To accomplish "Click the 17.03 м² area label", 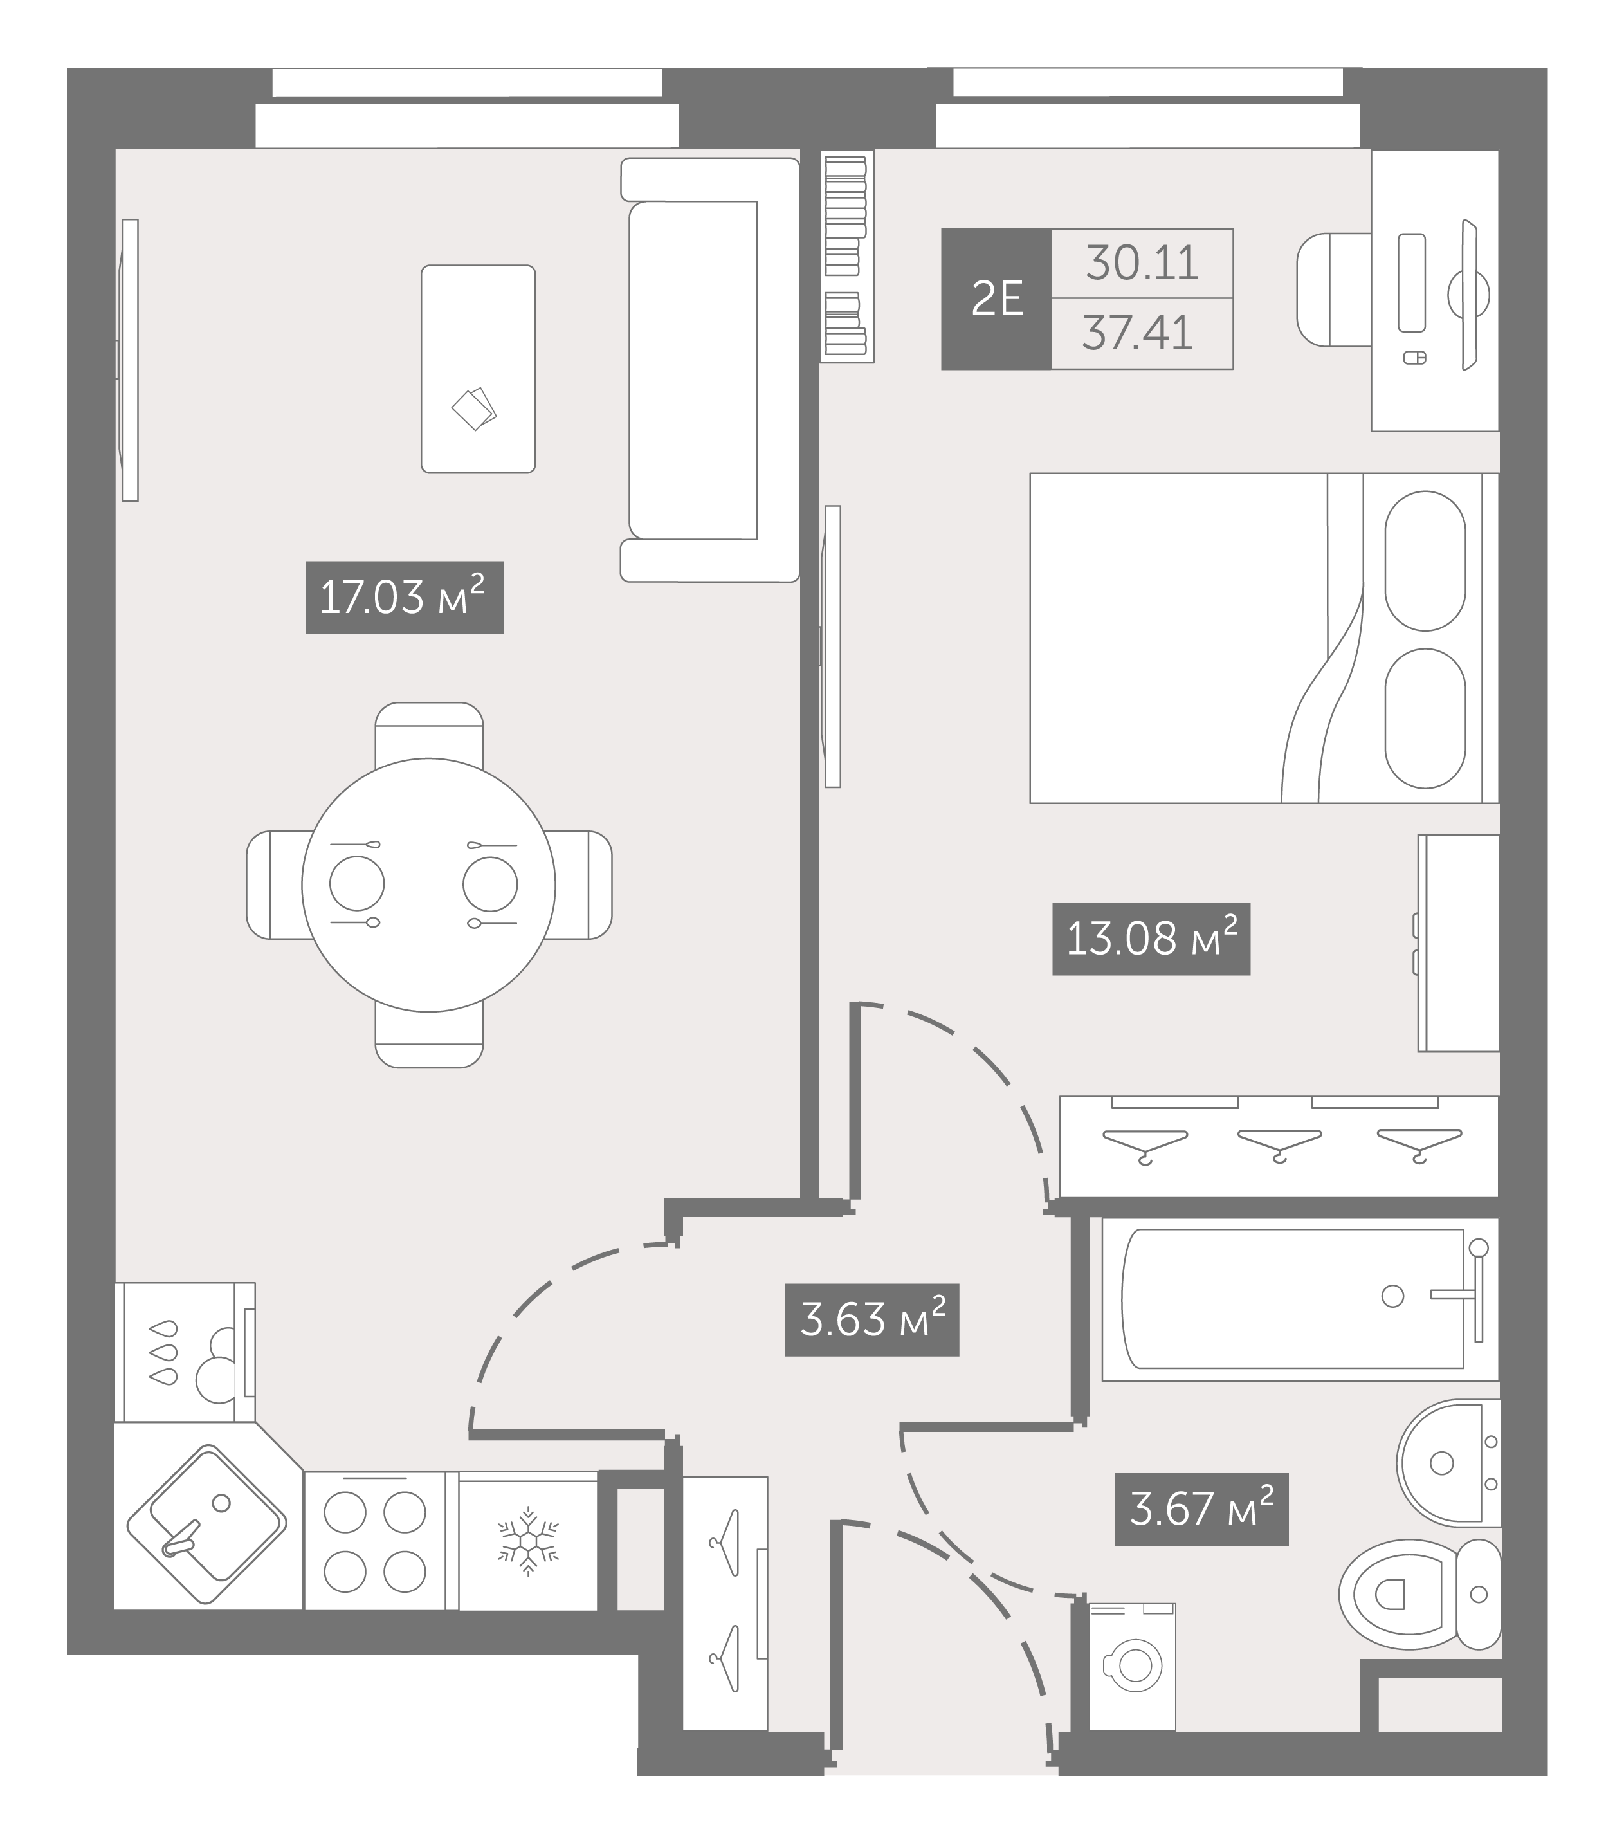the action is click(405, 598).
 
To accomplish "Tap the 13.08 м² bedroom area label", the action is click(1151, 938).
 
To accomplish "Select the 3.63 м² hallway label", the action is click(872, 1319).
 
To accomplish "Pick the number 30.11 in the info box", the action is click(1142, 263).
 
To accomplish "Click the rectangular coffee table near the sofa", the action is click(479, 369).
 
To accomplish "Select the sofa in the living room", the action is click(710, 369).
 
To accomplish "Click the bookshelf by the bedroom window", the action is click(847, 256).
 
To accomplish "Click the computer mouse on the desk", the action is click(1415, 358).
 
